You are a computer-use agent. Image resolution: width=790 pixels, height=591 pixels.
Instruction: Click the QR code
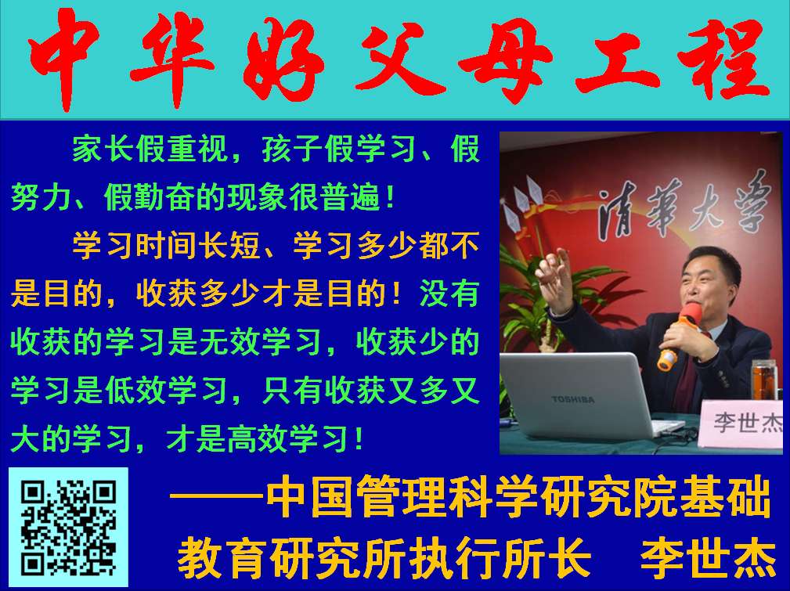(x=69, y=527)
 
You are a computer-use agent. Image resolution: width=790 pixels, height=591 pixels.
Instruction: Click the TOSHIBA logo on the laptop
(x=573, y=399)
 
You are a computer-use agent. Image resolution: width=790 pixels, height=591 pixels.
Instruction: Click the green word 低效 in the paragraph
(x=135, y=391)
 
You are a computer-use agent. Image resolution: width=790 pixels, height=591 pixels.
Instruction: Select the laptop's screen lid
(x=579, y=393)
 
